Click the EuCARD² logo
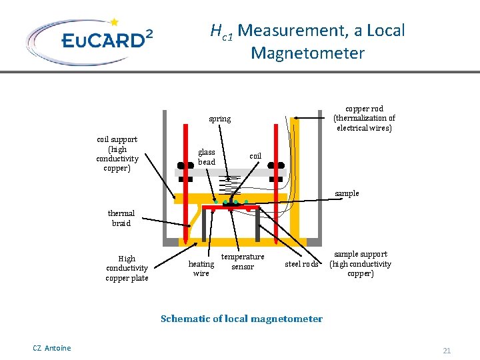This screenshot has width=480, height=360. click(89, 41)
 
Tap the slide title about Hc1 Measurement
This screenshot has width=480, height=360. click(307, 41)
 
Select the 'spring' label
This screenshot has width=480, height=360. click(219, 119)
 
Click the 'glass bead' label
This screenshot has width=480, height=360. click(207, 157)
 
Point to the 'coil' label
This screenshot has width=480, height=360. click(255, 156)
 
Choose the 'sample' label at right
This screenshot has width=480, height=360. click(347, 193)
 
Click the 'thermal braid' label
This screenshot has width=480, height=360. click(121, 219)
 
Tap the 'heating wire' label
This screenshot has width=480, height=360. click(201, 269)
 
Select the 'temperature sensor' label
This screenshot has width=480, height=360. click(243, 262)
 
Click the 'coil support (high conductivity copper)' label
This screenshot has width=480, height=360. click(117, 154)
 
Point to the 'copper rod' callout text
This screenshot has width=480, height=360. click(364, 118)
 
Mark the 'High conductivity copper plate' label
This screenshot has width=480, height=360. click(127, 269)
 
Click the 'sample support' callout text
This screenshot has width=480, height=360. click(360, 264)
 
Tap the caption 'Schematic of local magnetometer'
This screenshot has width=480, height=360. click(241, 319)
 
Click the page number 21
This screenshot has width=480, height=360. click(447, 351)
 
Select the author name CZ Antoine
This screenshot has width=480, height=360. click(51, 348)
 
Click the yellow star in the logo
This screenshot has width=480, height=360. click(114, 23)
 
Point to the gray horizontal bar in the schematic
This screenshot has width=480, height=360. click(230, 173)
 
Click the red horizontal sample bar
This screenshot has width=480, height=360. click(230, 207)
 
